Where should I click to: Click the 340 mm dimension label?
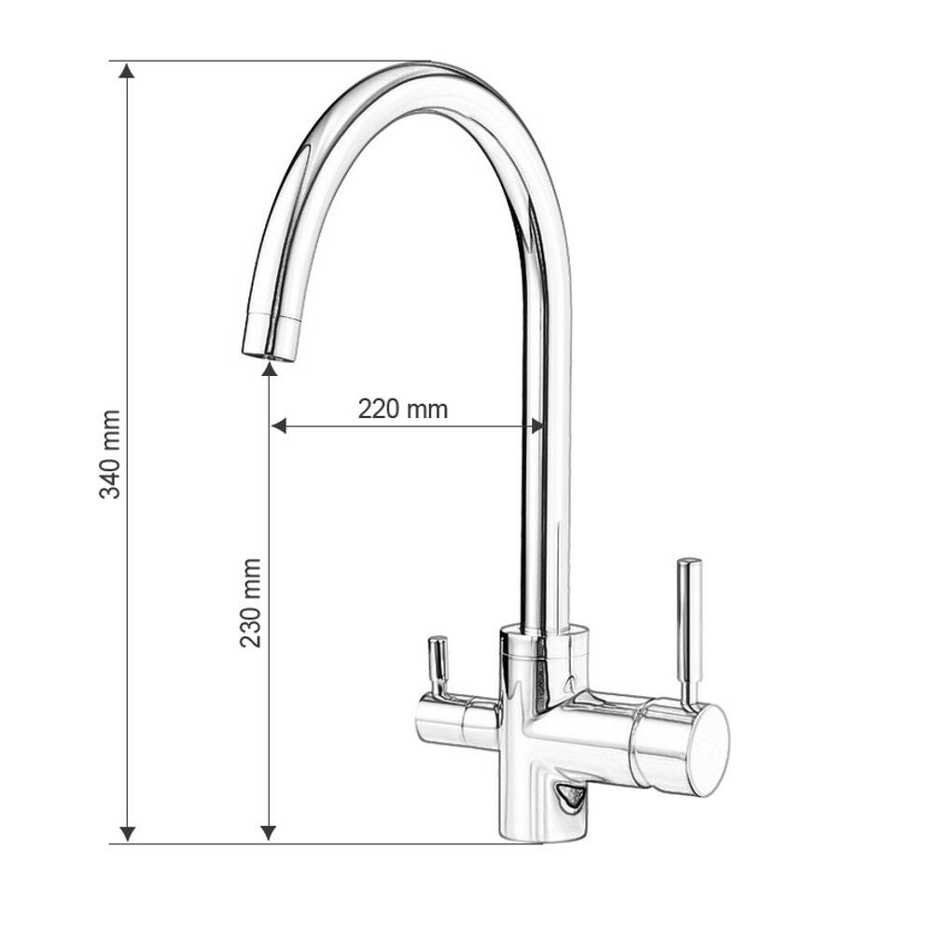pos(110,454)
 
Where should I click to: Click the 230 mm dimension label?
pos(250,603)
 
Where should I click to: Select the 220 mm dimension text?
pos(403,409)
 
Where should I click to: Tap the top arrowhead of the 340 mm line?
pos(127,70)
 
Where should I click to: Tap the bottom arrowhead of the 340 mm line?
pos(127,833)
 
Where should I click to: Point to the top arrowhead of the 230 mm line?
pos(270,369)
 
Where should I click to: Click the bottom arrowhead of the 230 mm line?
pos(270,833)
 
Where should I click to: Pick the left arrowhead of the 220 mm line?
pos(278,425)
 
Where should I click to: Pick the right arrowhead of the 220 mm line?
pos(536,425)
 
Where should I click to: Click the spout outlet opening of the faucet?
pos(268,356)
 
